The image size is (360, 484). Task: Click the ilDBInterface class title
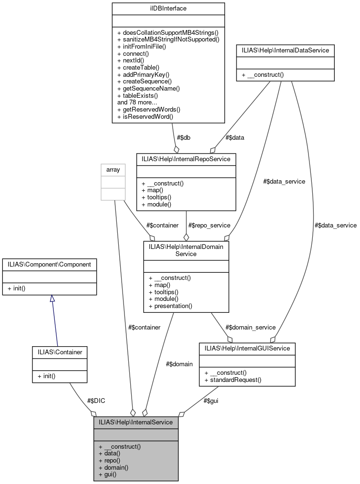[x=168, y=8]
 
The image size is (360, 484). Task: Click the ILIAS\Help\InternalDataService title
[x=285, y=50]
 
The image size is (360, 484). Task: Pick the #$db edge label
[x=184, y=138]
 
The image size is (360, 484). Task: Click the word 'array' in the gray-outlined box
[x=113, y=170]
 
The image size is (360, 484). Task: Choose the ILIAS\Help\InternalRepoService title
[x=186, y=159]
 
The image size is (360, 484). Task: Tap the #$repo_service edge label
[x=209, y=225]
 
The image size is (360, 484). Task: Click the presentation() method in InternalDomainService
[x=170, y=306]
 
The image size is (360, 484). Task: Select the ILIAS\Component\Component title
[x=50, y=263]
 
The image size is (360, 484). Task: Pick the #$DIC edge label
[x=96, y=401]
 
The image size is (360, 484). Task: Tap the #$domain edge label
[x=179, y=364]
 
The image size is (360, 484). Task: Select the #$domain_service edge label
[x=250, y=327]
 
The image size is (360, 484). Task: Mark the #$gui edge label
[x=211, y=401]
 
